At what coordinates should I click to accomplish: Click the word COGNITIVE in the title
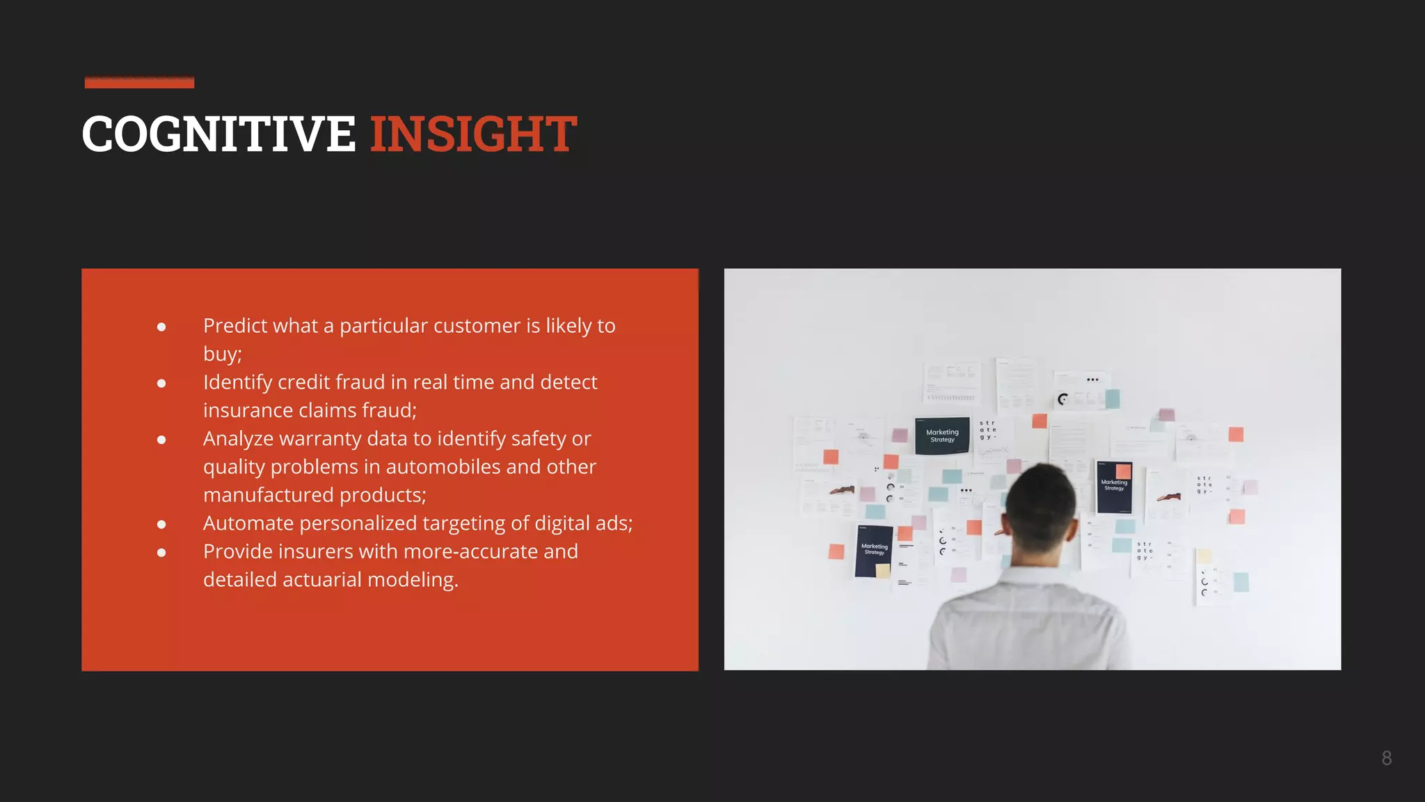point(218,134)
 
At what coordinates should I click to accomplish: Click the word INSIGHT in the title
point(473,134)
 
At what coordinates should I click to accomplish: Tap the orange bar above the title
point(139,83)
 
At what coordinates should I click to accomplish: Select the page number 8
point(1386,758)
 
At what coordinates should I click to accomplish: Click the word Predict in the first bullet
point(239,326)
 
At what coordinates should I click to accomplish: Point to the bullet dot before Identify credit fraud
point(161,383)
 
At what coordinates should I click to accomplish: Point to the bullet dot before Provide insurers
point(161,552)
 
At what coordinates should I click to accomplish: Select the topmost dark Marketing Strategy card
point(942,436)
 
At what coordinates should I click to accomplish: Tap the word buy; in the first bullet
point(222,354)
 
